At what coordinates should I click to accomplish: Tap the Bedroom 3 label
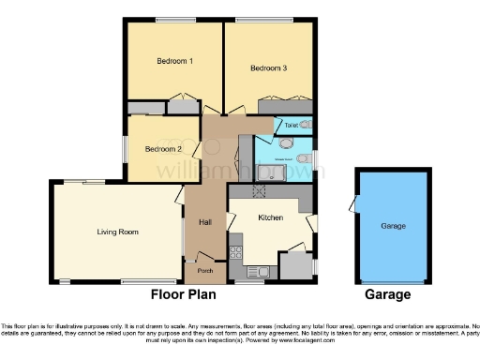268,67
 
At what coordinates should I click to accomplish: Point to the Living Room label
118,231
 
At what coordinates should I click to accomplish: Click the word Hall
204,222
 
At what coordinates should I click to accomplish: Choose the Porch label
204,271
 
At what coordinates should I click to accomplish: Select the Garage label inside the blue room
393,226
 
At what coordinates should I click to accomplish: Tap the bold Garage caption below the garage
388,295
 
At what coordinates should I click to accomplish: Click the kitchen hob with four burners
234,251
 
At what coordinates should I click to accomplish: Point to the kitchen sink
259,271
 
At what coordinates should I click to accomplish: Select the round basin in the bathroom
303,143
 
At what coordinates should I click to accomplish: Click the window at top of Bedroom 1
169,21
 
